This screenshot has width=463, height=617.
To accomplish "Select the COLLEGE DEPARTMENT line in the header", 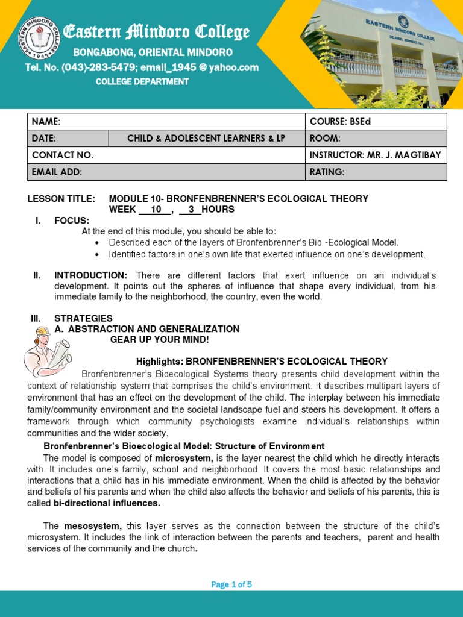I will click(142, 81).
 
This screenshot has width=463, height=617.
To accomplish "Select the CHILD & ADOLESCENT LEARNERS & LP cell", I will click(206, 138).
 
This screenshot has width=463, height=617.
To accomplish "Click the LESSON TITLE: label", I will click(61, 199).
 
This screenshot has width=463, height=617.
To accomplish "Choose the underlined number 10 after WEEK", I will click(156, 210).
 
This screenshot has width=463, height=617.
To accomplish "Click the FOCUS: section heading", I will click(72, 221).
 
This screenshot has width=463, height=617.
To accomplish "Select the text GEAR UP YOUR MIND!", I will click(159, 340).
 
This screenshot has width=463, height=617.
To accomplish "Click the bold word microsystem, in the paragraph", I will click(184, 459).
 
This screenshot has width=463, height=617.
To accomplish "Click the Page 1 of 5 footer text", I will click(231, 584).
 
